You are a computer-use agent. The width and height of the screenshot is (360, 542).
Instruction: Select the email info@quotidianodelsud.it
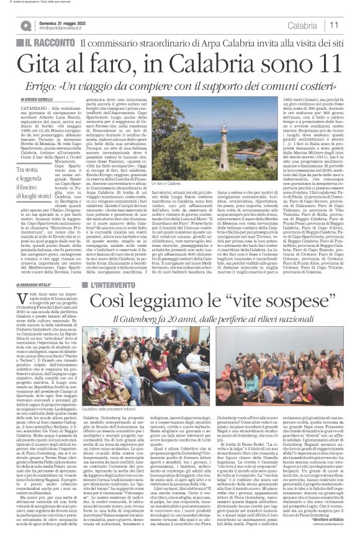(66, 28)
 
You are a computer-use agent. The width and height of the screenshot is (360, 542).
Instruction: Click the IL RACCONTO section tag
(47, 43)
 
